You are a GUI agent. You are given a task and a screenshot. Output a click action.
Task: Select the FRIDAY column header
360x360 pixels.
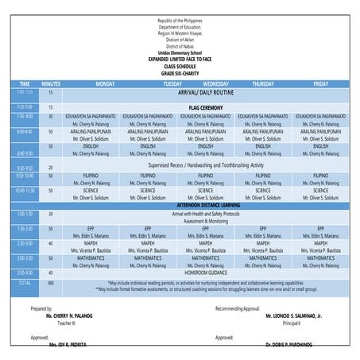320,83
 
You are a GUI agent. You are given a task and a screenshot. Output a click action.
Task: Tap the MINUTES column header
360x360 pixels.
51,83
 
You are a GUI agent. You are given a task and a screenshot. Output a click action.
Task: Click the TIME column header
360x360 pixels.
25,83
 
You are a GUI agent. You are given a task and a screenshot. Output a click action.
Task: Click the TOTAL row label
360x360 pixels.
25,282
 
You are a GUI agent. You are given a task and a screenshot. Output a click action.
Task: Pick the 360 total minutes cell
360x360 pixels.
51,282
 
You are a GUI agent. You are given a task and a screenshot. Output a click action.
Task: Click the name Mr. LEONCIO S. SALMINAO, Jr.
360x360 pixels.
294,315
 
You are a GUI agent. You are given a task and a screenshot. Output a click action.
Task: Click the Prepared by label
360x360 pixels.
42,308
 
